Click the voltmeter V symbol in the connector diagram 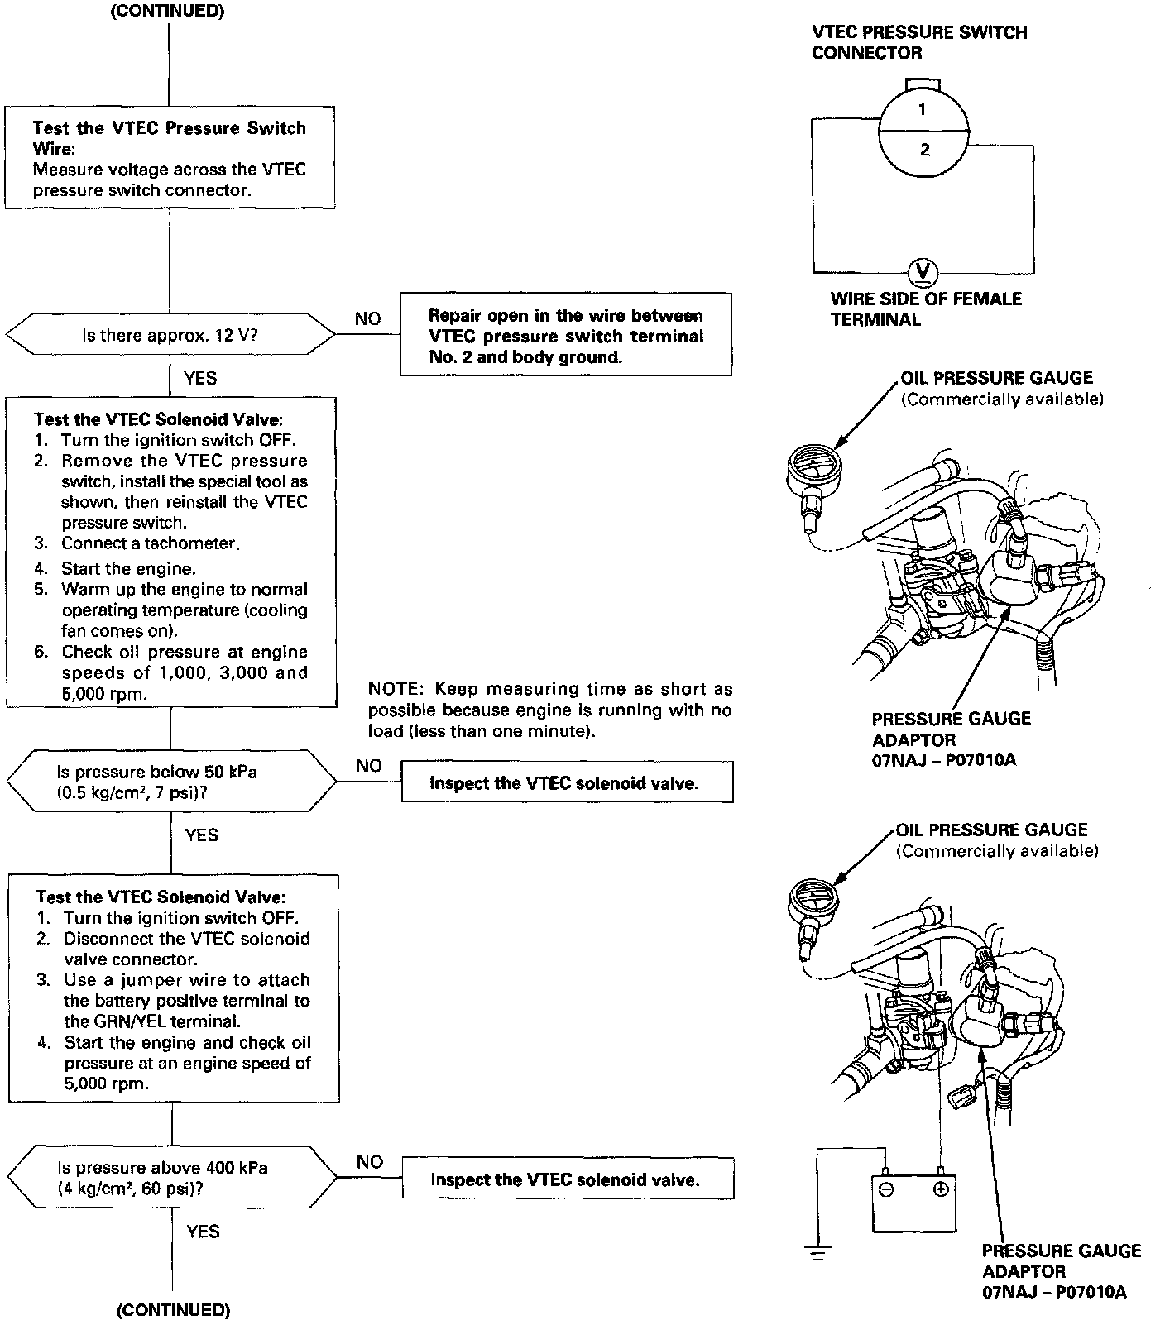[923, 271]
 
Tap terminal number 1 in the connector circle [923, 110]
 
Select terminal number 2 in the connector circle [924, 150]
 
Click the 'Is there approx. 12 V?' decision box [170, 336]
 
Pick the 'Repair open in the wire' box [566, 336]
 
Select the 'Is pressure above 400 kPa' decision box [172, 1178]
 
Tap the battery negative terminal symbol [885, 1190]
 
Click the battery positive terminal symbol [940, 1190]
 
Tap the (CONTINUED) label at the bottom [173, 1309]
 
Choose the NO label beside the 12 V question [367, 319]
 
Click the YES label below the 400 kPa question [203, 1232]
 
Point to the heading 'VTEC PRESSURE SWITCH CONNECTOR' [918, 43]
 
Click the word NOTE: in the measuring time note [396, 689]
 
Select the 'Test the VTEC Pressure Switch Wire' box [170, 157]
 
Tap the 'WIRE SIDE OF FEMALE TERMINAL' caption [926, 309]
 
